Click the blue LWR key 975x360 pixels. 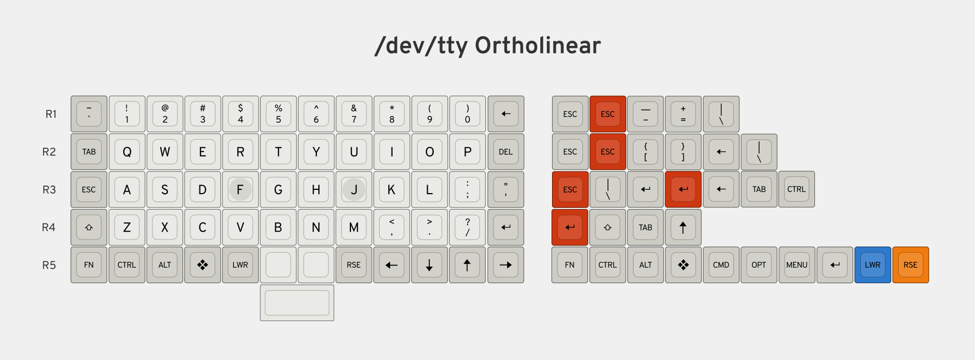click(x=873, y=265)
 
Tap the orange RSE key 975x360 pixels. click(x=910, y=265)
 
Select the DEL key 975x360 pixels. click(x=506, y=151)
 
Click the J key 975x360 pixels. click(x=354, y=189)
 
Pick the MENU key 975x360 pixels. click(x=797, y=265)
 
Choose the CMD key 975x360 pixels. click(x=721, y=265)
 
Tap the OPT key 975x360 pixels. click(x=759, y=265)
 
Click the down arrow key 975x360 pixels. click(x=429, y=265)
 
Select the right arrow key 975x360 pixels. click(x=506, y=265)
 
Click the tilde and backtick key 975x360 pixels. click(x=89, y=114)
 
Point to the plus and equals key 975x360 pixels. click(x=683, y=114)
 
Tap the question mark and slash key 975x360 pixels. click(x=467, y=227)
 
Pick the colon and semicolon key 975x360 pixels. click(x=467, y=189)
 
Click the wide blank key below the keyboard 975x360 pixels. click(x=297, y=302)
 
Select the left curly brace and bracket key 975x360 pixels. click(x=645, y=151)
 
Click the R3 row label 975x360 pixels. click(x=49, y=190)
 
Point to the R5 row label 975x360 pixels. click(x=49, y=265)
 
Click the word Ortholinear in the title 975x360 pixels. click(x=538, y=45)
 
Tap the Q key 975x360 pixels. click(x=127, y=151)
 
